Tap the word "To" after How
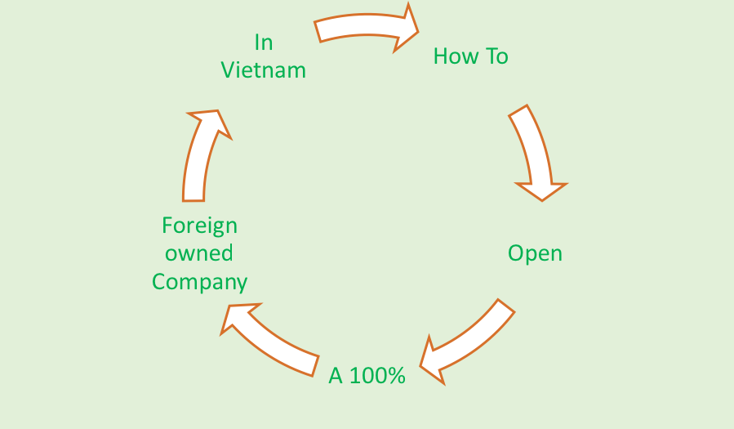[x=496, y=56]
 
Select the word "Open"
[x=535, y=253]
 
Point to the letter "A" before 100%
[x=336, y=376]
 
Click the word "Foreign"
[x=199, y=225]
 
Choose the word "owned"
[x=199, y=253]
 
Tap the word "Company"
[x=199, y=283]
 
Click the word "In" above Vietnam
[x=263, y=42]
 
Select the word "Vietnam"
[x=263, y=70]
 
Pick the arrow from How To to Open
[x=533, y=151]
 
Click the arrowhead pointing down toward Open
[x=541, y=190]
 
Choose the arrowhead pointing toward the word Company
[x=238, y=320]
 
